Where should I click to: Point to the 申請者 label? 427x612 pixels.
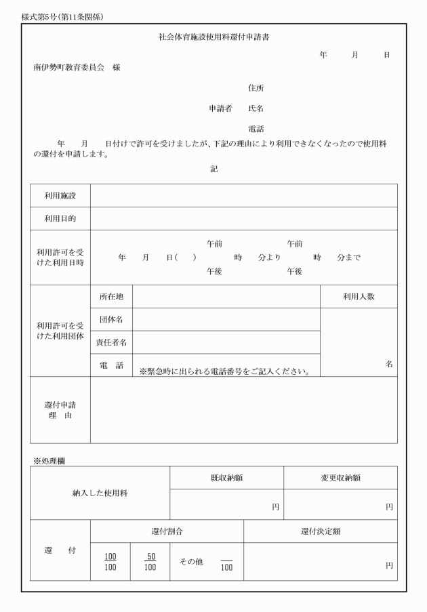pos(220,108)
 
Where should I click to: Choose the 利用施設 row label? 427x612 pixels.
pos(60,195)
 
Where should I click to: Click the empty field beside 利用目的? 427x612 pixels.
pos(243,218)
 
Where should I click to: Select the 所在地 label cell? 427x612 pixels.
pos(111,296)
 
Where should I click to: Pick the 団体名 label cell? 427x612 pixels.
pos(111,319)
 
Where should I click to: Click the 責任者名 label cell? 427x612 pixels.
pos(111,342)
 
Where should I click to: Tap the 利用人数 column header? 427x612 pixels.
pos(359,296)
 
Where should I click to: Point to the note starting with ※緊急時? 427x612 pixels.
pos(224,371)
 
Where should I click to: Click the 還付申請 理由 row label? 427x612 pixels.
pos(60,410)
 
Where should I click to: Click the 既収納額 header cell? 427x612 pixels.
pos(226,478)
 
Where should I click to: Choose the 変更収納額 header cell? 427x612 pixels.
pos(340,478)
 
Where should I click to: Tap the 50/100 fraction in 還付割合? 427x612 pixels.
pos(150,561)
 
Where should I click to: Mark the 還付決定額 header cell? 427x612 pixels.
pos(321,531)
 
